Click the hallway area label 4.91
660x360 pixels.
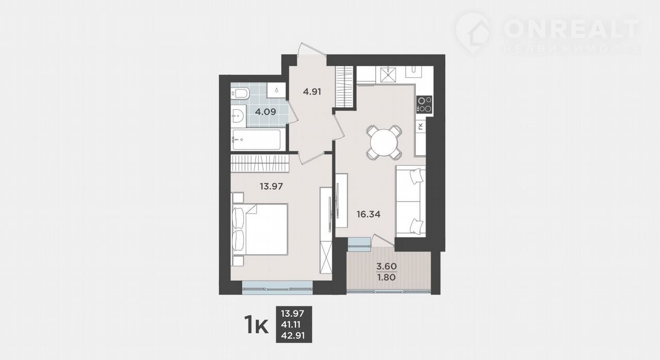(x=312, y=92)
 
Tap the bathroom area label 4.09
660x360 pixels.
(x=266, y=112)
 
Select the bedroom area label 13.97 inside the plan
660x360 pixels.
(x=271, y=186)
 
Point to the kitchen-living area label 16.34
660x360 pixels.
(x=368, y=214)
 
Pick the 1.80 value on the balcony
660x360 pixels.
(x=387, y=277)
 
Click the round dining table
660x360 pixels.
(x=384, y=142)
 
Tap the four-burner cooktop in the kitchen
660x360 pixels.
(x=424, y=105)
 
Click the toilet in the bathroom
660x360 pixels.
(x=240, y=94)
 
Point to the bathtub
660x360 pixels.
(x=256, y=140)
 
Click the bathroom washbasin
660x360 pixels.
(x=238, y=116)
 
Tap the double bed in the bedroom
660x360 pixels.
(x=259, y=229)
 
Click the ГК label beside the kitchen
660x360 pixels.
(x=421, y=126)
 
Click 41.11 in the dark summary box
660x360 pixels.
(x=291, y=324)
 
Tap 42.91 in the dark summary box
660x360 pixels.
(x=292, y=336)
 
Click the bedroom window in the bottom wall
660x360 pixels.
(x=277, y=288)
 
